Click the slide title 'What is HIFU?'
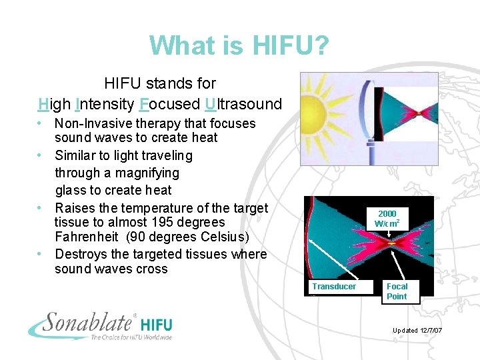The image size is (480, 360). point(239,45)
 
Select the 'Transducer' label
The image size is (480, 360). point(334,287)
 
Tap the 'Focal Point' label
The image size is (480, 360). point(397,291)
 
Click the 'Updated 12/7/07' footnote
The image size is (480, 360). point(417,331)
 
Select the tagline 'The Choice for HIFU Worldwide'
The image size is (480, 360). point(131,337)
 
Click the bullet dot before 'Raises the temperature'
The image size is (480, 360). point(41,208)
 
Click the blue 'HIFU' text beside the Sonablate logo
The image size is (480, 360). point(156,325)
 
